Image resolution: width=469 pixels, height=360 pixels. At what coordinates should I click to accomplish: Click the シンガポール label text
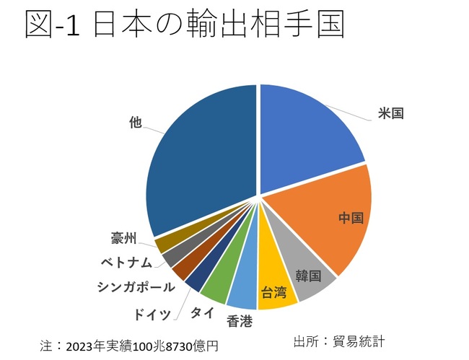(x=136, y=286)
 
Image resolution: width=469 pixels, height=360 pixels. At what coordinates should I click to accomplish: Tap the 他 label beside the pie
(x=135, y=123)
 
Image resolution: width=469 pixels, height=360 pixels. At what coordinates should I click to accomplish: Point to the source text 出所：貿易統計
(x=341, y=341)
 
